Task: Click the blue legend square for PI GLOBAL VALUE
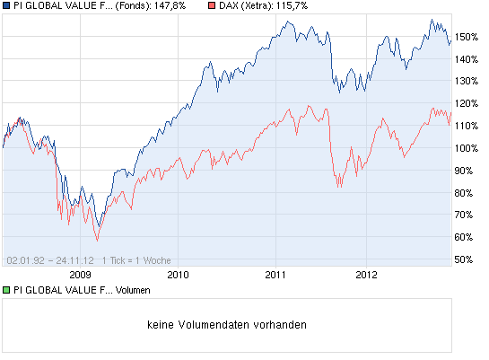[6, 6]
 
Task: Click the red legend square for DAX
[211, 6]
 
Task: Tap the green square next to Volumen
[6, 290]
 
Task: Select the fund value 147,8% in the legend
[168, 6]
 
